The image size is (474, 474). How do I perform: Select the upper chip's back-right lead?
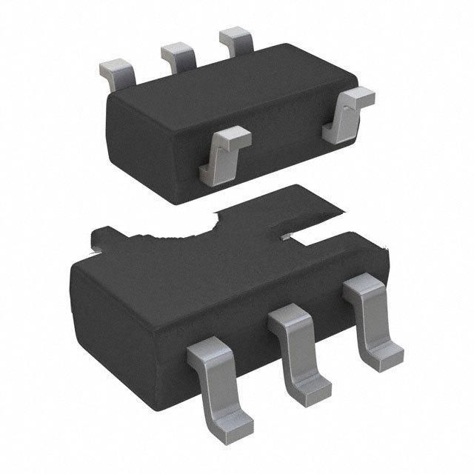click(x=236, y=40)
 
